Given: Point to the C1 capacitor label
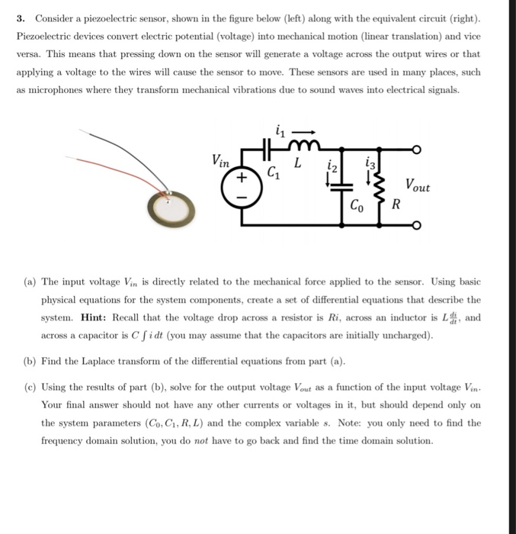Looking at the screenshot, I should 271,172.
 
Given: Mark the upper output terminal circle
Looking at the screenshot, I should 416,150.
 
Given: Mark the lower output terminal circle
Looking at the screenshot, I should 416,226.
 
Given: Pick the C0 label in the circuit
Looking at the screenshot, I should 356,204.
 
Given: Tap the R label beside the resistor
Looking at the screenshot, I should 396,204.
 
